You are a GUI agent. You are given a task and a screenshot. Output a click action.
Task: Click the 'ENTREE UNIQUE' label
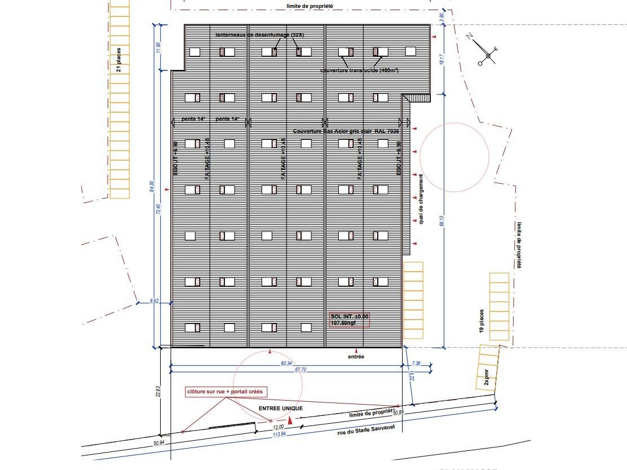[x=280, y=408]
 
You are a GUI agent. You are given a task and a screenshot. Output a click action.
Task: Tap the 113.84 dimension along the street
[x=280, y=434]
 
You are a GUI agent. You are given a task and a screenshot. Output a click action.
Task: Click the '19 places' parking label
[x=482, y=321]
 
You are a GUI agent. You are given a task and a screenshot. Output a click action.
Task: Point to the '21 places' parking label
[x=118, y=60]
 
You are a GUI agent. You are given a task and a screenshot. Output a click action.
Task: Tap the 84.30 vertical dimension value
[x=151, y=186]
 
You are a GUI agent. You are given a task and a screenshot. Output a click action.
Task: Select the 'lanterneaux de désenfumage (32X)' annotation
[x=260, y=35]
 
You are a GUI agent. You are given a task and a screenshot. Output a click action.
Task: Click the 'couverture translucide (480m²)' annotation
[x=359, y=70]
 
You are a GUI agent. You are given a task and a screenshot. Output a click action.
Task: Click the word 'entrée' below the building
[x=356, y=357]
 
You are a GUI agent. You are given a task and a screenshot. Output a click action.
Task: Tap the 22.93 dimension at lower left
[x=160, y=391]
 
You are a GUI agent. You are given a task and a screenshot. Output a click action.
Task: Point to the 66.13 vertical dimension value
[x=443, y=220]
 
